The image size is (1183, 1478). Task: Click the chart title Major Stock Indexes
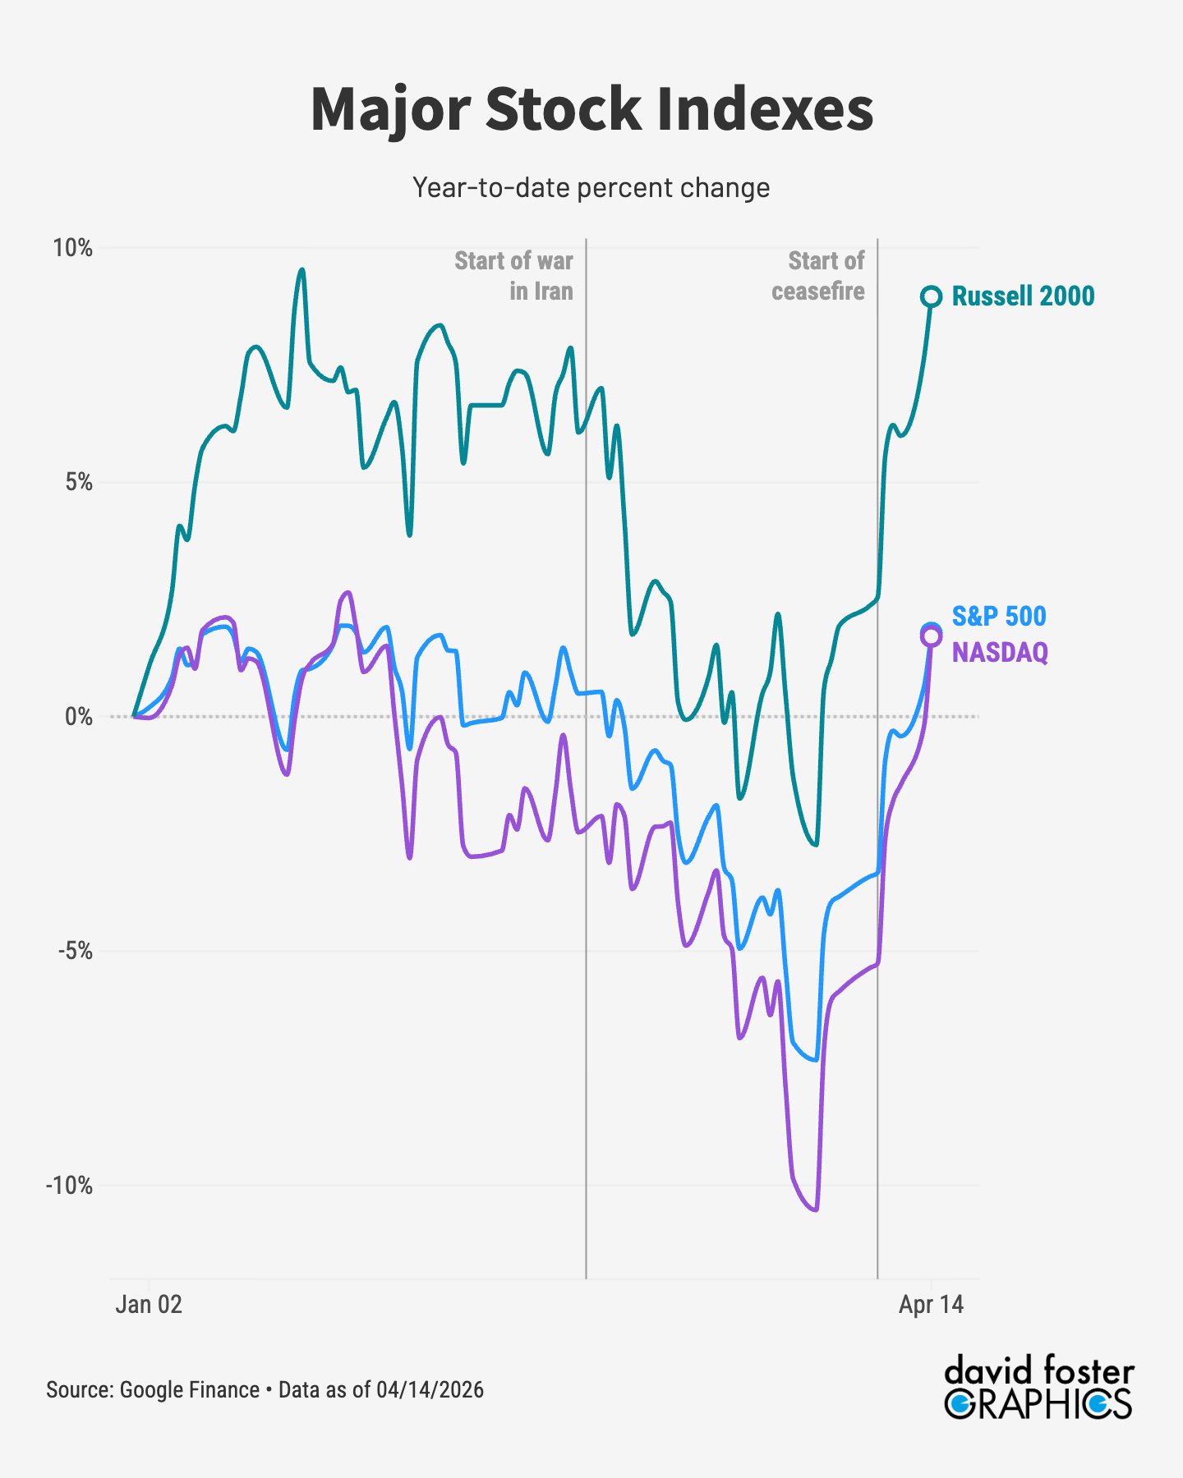point(591,109)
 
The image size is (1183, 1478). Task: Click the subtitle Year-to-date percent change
point(591,188)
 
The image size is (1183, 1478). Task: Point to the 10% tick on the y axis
point(72,248)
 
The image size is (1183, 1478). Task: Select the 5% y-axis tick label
point(79,483)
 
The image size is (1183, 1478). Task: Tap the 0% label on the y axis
point(79,717)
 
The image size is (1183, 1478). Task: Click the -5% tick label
point(75,952)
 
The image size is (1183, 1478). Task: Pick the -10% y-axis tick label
point(70,1186)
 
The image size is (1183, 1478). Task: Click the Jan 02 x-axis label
point(149,1305)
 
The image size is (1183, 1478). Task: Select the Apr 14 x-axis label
point(931,1305)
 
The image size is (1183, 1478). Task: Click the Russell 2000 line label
point(1023,296)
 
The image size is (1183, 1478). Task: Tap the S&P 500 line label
point(999,617)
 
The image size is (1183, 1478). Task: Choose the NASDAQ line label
point(1000,653)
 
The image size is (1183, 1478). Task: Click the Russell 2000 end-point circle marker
point(931,296)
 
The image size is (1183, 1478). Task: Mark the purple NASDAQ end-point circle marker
point(931,636)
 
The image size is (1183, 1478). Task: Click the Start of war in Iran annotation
point(514,276)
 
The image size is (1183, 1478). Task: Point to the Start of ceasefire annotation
point(818,276)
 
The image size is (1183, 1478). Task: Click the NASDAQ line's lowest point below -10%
point(814,1209)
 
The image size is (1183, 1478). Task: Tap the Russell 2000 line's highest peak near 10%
point(302,269)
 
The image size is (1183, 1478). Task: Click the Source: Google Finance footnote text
point(265,1390)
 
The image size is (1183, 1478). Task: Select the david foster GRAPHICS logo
point(1038,1388)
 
